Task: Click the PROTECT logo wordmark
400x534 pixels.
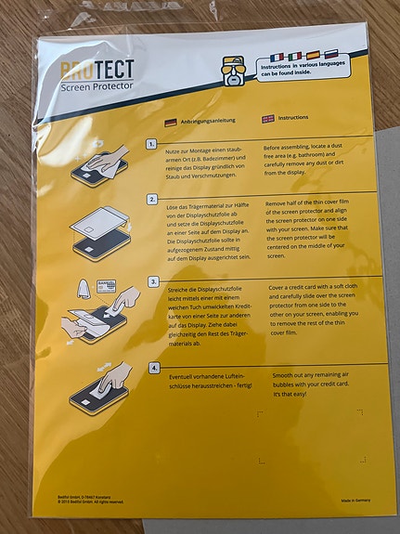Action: [97, 69]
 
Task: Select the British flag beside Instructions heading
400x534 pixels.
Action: [268, 119]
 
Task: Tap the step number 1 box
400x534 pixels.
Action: [153, 146]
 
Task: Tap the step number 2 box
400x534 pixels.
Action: [152, 199]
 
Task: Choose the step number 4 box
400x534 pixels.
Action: [153, 369]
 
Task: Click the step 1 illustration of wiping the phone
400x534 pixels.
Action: [98, 163]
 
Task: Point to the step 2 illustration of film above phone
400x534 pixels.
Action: [99, 231]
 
